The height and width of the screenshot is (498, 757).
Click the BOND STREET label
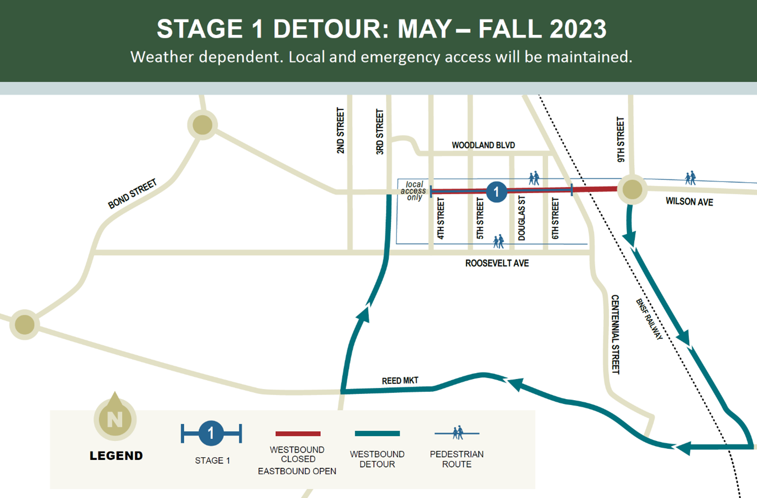(132, 194)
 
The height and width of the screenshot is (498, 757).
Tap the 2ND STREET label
(340, 131)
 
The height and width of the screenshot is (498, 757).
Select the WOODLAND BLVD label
(483, 145)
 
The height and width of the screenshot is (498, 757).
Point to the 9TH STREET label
(620, 140)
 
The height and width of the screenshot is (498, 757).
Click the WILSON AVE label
(689, 202)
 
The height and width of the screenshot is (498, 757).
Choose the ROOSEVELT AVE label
(497, 263)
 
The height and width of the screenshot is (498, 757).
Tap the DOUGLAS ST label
(522, 218)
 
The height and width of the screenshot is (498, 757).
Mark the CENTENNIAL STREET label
(615, 334)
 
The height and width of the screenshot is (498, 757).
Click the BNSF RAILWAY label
(649, 319)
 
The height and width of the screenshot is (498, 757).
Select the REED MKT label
(400, 381)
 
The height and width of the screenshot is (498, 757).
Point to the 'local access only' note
(413, 191)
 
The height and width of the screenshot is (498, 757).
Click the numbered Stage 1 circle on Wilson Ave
(496, 192)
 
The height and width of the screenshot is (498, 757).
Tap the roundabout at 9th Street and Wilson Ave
(632, 189)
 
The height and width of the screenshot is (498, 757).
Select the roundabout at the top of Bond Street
(202, 125)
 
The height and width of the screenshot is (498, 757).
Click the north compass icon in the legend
(115, 418)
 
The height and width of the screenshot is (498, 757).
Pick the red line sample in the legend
(298, 433)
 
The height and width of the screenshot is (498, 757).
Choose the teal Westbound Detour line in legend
(377, 433)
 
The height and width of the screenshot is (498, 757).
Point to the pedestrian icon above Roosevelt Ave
(498, 242)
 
